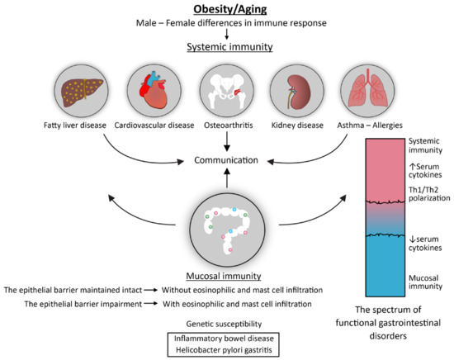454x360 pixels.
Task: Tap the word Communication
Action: point(226,161)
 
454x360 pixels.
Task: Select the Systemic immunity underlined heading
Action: point(226,48)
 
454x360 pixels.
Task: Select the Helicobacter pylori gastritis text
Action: point(226,351)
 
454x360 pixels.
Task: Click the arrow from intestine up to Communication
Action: point(226,182)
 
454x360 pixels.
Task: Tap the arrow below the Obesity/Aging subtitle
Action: point(226,35)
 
